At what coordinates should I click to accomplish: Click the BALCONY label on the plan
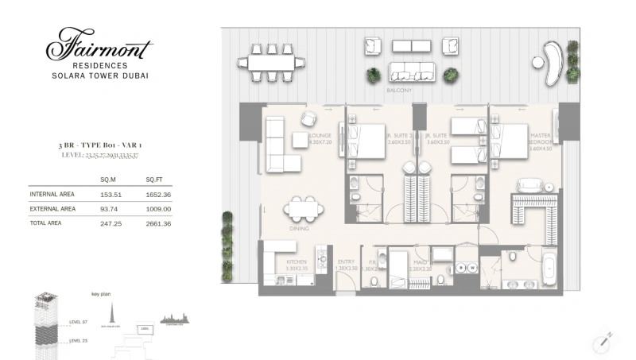(x=398, y=91)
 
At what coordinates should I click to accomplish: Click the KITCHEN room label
(x=297, y=263)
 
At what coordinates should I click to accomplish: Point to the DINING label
(x=300, y=227)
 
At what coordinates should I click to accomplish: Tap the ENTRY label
(x=345, y=263)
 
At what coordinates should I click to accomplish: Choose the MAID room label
(x=418, y=263)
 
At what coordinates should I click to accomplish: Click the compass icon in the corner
(x=603, y=339)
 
